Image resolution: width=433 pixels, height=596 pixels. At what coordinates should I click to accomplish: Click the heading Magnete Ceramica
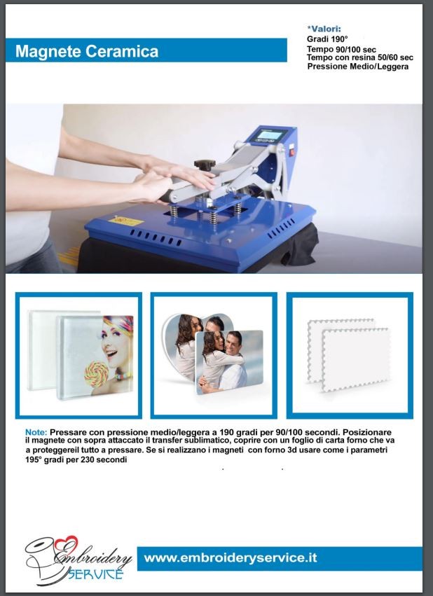point(87,51)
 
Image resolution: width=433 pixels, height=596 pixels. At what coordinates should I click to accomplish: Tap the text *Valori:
point(324,29)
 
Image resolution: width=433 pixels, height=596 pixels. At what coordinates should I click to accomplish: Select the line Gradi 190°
point(327,39)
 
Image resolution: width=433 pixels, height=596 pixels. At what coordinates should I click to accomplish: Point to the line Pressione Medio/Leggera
point(358,67)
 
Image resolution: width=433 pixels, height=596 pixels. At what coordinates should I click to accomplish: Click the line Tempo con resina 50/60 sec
point(359,57)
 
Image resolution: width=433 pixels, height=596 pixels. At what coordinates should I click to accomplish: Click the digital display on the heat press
point(271,134)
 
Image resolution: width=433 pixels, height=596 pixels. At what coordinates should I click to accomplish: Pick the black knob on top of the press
point(205,164)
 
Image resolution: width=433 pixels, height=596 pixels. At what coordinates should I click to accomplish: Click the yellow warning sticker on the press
point(125,220)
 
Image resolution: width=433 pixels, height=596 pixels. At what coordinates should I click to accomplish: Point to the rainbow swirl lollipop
point(97,375)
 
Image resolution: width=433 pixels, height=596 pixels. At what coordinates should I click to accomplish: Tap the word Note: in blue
point(36,432)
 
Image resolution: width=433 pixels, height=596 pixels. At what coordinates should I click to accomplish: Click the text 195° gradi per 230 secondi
point(76,459)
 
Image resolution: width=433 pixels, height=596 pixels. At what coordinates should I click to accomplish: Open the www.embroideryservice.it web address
point(231,558)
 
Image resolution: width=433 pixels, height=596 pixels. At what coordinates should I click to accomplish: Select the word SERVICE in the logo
point(95,574)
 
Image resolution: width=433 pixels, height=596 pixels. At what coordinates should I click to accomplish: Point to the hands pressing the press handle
point(173,178)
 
